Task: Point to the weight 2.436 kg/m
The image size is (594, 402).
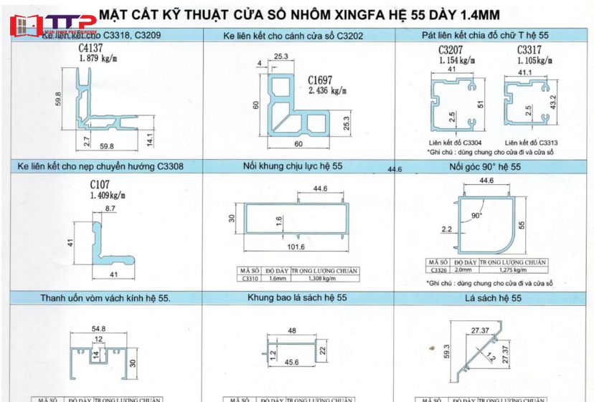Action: click(327, 90)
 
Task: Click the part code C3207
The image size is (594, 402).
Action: click(451, 50)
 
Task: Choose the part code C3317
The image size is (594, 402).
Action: click(530, 50)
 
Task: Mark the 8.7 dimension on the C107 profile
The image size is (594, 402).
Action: click(110, 208)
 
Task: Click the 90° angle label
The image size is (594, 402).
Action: click(477, 215)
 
